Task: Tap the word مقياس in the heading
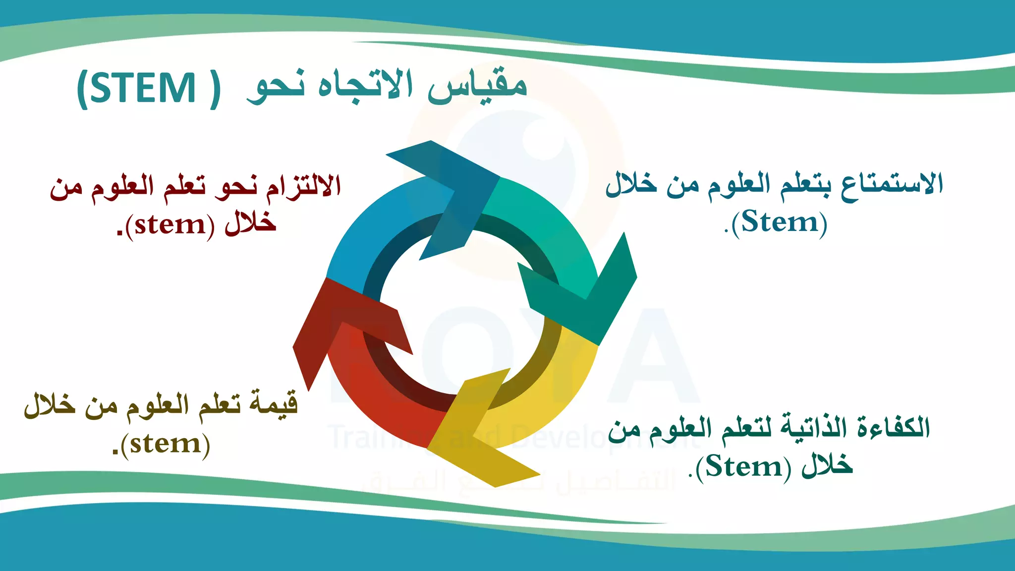[477, 87]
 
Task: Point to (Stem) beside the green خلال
[743, 467]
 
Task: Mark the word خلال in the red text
[251, 224]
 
